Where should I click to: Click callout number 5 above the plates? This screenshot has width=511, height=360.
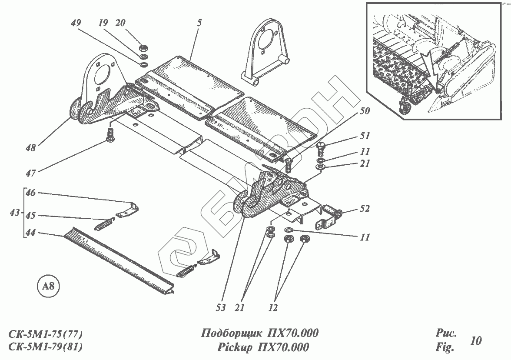coord(199,23)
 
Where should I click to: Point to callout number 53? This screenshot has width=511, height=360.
coord(221,308)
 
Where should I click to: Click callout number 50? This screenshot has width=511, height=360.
coord(365,111)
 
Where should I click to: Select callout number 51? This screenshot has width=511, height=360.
coord(365,136)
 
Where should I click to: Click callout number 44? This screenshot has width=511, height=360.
coord(30,233)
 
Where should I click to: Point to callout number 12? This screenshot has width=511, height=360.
coord(273,308)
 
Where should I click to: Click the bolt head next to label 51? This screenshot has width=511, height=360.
coord(320,147)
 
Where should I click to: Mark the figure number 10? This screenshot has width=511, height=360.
coord(476,340)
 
